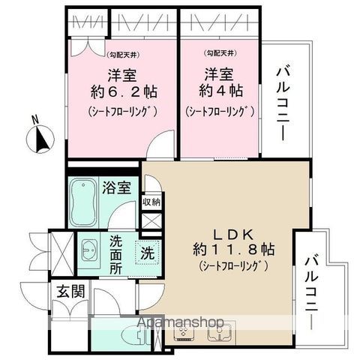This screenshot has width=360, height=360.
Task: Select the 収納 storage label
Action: pyautogui.click(x=151, y=202)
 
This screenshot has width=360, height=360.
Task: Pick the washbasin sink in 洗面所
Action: pyautogui.click(x=89, y=248)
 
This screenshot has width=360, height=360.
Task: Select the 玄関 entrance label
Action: pyautogui.click(x=66, y=292)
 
